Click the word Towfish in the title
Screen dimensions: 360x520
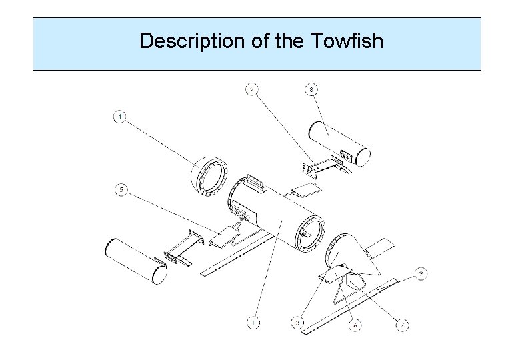pyautogui.click(x=347, y=41)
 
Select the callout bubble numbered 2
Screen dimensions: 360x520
pyautogui.click(x=252, y=88)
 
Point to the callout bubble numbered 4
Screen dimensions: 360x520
pyautogui.click(x=119, y=118)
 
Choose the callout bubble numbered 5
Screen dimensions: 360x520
pyautogui.click(x=120, y=190)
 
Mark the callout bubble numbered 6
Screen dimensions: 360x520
pyautogui.click(x=357, y=325)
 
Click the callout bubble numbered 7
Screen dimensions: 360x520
pyautogui.click(x=402, y=325)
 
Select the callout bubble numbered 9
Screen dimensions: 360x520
pyautogui.click(x=421, y=273)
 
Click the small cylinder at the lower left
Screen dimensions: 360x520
pyautogui.click(x=136, y=261)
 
